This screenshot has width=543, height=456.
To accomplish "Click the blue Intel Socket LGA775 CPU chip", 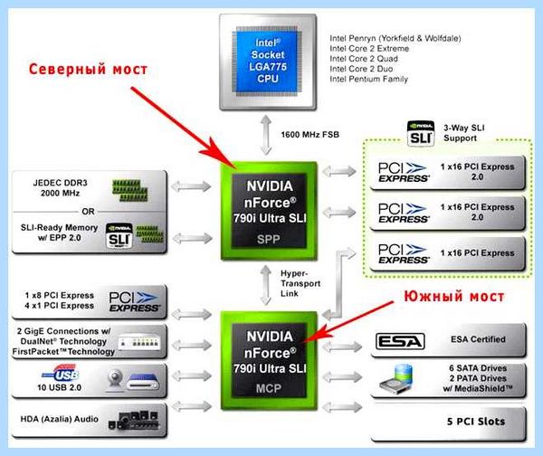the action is pos(267,62).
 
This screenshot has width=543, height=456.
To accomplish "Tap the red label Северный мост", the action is pos(88,69).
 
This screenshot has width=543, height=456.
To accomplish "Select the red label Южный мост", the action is pos(454,297).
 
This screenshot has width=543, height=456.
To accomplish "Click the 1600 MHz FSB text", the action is pos(310,135).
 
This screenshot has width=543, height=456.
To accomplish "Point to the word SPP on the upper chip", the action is pos(269,239).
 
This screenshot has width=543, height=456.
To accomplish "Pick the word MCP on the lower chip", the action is pos(269,388).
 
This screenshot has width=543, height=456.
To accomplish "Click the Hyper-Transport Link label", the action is pos(300,283).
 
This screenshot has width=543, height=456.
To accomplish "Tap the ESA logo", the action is pos(400,341).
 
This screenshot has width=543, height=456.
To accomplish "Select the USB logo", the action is pos(61,374).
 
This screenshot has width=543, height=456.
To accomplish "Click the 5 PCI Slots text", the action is pos(476,422).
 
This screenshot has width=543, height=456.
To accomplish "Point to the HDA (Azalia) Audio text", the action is pos(59,419).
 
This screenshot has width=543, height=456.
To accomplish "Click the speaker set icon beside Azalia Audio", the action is pos(134,420).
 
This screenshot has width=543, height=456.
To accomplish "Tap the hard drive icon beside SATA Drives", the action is pos(396,379).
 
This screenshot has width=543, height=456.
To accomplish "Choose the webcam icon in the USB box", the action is pos(115,380).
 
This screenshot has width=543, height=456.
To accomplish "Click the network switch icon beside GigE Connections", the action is pos(139,342).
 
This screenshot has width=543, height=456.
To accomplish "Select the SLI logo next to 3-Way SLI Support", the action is pos(421,133).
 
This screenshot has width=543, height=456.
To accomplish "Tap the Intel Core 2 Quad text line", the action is pos(364,59).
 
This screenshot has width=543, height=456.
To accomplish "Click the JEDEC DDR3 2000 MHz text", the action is pos(60,187).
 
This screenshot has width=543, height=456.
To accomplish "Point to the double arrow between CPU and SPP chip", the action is pos(266,135).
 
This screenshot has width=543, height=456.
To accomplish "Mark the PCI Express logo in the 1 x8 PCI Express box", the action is pos(134,301).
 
